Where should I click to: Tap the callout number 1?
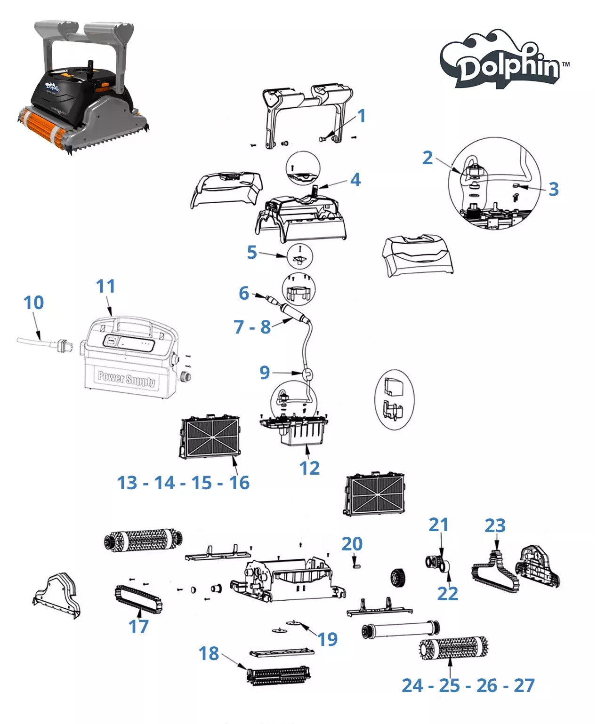[361, 116]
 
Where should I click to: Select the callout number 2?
[428, 158]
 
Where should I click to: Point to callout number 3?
[554, 189]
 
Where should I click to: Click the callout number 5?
[252, 253]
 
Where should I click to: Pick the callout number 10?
[34, 302]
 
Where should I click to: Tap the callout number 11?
[105, 286]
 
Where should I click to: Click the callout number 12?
[309, 468]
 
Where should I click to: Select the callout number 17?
[138, 626]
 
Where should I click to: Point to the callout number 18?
[209, 653]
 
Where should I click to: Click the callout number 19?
[328, 639]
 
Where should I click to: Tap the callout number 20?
[352, 544]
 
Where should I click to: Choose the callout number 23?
[495, 525]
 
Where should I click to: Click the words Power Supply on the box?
[126, 379]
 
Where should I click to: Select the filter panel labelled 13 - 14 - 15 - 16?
[210, 437]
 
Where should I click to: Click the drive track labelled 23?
[494, 572]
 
